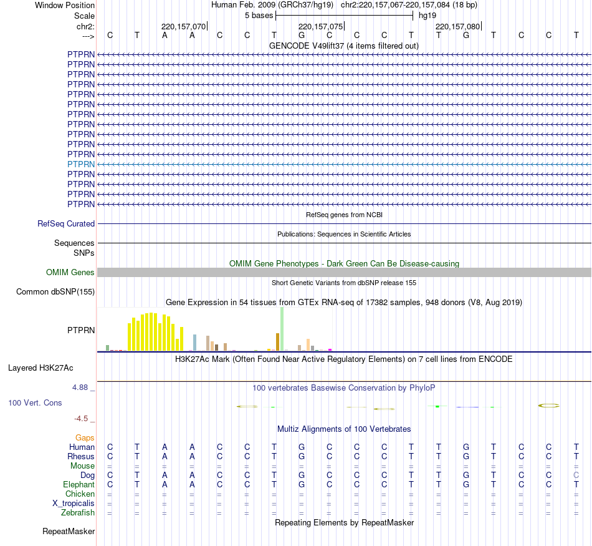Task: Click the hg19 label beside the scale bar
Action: pos(427,15)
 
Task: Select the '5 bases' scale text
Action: pos(259,15)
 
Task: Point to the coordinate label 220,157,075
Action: pos(321,26)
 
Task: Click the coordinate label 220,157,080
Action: pos(458,26)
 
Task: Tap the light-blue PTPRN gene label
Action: pos(81,164)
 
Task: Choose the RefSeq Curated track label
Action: pos(66,223)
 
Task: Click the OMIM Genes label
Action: pos(70,272)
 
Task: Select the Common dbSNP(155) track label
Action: pos(55,291)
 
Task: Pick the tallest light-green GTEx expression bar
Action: pos(282,329)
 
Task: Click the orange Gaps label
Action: pos(85,437)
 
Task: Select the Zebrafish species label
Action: pos(78,513)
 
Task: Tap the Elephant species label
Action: pos(79,485)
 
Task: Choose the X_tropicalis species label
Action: pos(74,504)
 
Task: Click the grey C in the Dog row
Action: pos(576,475)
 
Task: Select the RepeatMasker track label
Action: pos(69,532)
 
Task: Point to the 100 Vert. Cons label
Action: pos(35,402)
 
